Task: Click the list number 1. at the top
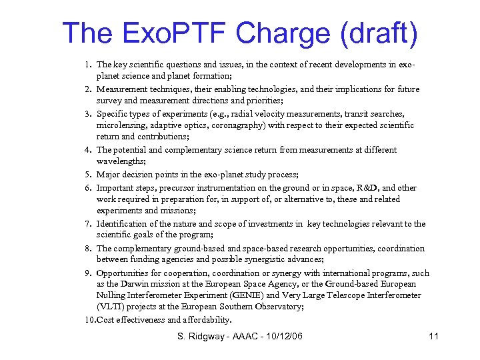[88, 65]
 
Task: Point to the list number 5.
[88, 175]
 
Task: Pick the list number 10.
[89, 320]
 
